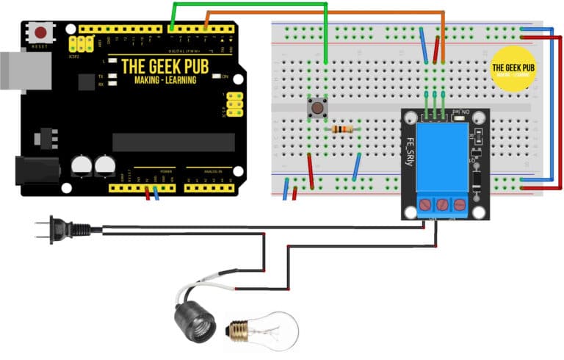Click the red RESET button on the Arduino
pyautogui.click(x=41, y=32)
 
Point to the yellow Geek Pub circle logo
pyautogui.click(x=512, y=68)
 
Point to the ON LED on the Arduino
pyautogui.click(x=217, y=77)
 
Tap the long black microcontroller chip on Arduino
pyautogui.click(x=173, y=141)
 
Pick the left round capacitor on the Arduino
pyautogui.click(x=82, y=165)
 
